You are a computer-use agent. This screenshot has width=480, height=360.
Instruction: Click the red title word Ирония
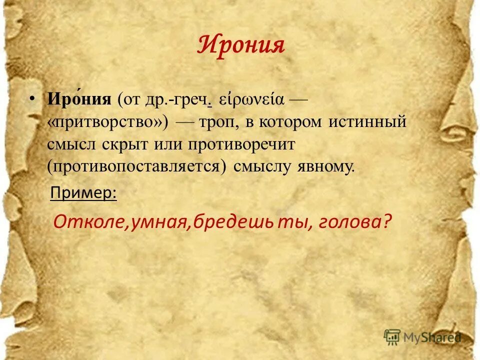tap(241, 45)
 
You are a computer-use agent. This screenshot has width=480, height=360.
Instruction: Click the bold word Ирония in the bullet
tap(79, 98)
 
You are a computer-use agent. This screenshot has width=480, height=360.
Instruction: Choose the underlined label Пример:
tap(83, 192)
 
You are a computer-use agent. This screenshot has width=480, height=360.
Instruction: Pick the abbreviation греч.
tap(190, 99)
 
